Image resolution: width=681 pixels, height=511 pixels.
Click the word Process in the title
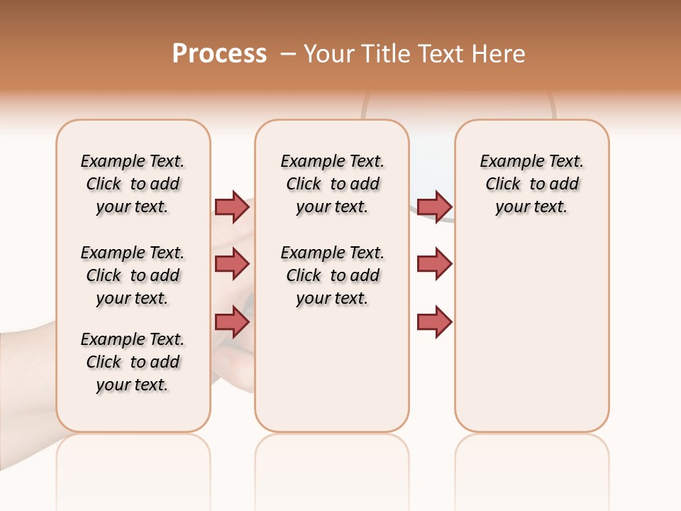tap(219, 54)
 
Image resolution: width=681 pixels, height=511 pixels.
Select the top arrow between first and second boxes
tap(232, 207)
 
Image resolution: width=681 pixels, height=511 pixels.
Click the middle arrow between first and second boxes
tap(232, 264)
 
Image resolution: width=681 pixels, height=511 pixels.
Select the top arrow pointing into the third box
tap(435, 207)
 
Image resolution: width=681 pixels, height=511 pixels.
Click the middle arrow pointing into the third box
tap(435, 264)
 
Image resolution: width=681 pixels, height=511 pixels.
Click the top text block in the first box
tap(133, 184)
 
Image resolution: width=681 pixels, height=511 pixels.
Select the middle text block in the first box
tap(133, 275)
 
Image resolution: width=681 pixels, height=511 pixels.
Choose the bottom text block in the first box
tap(133, 362)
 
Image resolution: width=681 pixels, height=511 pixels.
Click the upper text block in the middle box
tap(332, 184)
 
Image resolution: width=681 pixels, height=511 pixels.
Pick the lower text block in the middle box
tap(332, 275)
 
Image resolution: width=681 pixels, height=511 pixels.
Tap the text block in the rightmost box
tap(532, 184)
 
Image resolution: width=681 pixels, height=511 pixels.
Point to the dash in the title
tap(288, 54)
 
